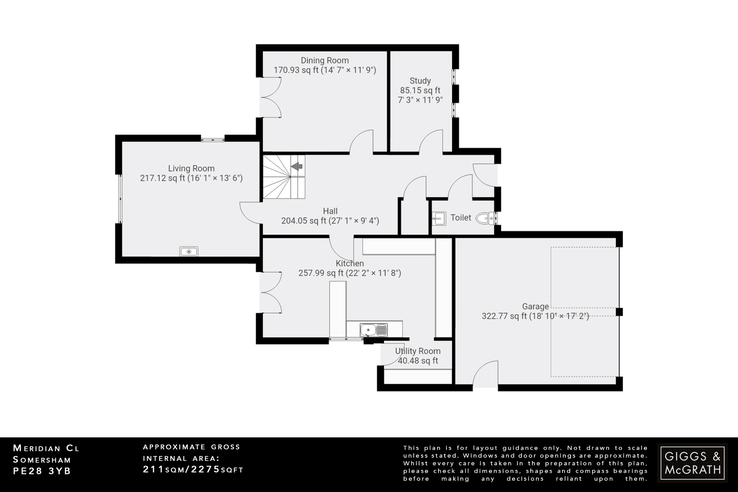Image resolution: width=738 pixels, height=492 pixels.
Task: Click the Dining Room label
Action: pos(325,61)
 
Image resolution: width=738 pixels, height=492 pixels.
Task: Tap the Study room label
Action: pos(420,81)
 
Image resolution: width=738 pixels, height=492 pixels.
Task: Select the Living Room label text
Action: pos(191,168)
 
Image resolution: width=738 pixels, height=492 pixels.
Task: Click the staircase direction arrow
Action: pos(297,167)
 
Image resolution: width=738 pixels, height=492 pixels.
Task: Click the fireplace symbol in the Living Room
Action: pos(189,251)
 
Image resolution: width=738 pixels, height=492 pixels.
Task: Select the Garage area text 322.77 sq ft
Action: pos(504,316)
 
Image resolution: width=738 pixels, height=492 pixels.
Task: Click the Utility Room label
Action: pos(418,351)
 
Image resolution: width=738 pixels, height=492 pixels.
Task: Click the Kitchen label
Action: pos(350,263)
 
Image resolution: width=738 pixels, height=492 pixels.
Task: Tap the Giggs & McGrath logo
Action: pos(692,463)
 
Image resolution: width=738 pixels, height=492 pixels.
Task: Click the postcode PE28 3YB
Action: pos(42,471)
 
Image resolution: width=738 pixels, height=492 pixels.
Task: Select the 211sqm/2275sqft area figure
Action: pos(193,470)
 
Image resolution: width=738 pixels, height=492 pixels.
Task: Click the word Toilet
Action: pos(461,218)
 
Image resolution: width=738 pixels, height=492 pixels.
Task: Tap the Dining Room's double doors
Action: pos(270,97)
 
